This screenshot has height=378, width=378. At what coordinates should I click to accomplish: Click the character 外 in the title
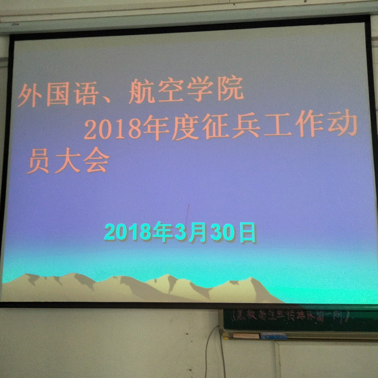(30, 96)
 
